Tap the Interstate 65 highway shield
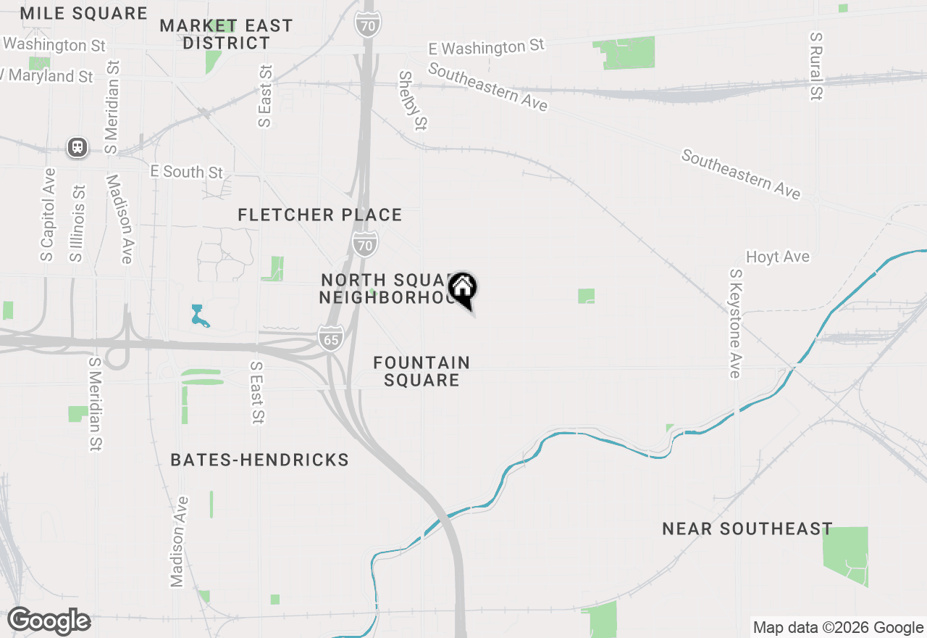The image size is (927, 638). pos(330,339)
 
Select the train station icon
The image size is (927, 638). pos(77,147)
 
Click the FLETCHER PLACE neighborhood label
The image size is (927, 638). pos(319,215)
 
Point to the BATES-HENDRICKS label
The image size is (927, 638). pos(259,460)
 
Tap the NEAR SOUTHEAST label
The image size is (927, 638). pos(747,529)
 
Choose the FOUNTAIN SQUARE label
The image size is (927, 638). pos(421,371)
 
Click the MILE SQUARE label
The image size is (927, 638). pos(83,13)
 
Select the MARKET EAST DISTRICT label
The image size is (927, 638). pos(226,34)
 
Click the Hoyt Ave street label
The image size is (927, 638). pos(778,257)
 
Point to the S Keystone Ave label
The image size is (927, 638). pos(736,323)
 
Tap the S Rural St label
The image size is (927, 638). pos(817,66)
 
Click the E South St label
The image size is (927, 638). pos(186,172)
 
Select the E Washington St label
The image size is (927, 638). pos(486,48)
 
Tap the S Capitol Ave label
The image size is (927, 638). pos(48,215)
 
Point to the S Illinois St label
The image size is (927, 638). pos(77,223)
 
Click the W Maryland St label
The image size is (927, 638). pos(48,75)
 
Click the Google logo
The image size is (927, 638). pos(49,621)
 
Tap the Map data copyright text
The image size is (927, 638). pos(838,627)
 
